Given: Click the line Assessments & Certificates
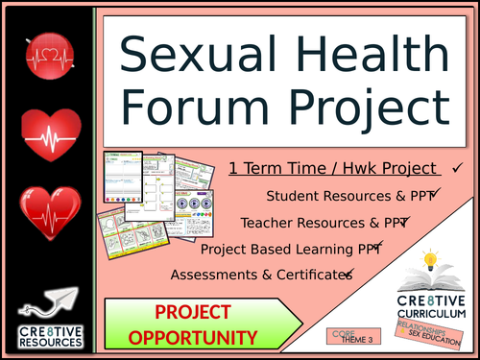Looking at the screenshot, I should [x=259, y=276].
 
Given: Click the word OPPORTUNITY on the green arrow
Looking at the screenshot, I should [x=194, y=337].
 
